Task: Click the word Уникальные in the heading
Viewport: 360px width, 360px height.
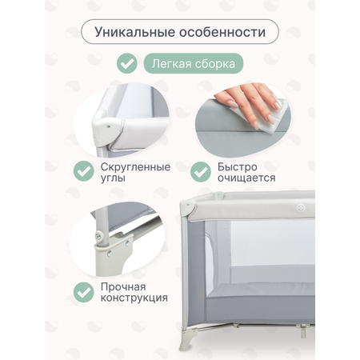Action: point(134,32)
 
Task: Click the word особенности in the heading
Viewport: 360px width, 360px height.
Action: point(222,32)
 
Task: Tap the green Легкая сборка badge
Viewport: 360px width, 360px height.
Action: point(194,63)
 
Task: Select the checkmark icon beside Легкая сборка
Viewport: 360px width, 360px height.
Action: point(127,63)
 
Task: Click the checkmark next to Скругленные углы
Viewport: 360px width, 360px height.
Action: point(84,171)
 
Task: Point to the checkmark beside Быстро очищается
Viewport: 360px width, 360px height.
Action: point(201,172)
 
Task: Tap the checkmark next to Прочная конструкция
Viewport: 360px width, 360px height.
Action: point(84,292)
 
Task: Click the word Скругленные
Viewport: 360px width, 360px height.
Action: point(135,167)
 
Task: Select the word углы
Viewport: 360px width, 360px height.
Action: point(113,178)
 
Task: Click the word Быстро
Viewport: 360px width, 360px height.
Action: point(238,167)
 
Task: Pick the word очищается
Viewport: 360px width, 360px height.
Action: point(246,178)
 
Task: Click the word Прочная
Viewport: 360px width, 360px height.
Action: point(123,287)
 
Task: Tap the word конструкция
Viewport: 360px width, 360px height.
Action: point(134,298)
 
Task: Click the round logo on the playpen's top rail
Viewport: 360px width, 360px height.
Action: point(301,208)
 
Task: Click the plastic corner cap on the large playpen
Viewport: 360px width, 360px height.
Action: point(187,209)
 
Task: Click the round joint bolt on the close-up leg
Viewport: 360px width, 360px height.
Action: point(98,236)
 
